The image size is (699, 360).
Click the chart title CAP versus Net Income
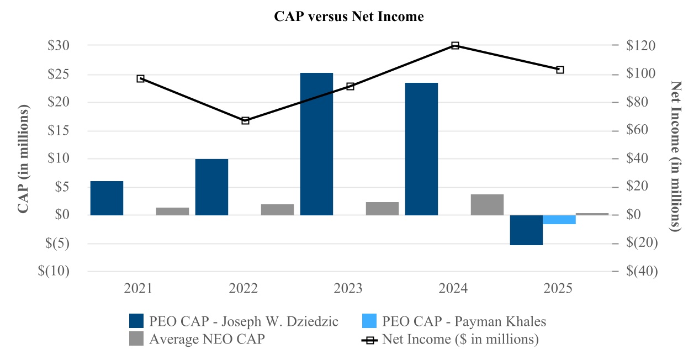click(349, 17)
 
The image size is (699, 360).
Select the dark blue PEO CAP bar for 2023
click(316, 144)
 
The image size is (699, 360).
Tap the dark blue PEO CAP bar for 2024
click(421, 149)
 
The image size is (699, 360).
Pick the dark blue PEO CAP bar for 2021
click(107, 198)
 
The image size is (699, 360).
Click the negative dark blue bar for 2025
click(526, 230)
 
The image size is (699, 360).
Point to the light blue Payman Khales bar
click(559, 220)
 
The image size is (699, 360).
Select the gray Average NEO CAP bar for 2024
click(487, 204)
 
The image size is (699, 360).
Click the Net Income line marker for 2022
click(246, 120)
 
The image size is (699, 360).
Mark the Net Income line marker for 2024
click(455, 45)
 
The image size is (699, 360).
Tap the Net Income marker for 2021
click(141, 78)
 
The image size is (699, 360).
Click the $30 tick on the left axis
click(59, 45)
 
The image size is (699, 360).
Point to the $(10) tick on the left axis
click(55, 271)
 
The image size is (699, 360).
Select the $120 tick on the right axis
click(640, 45)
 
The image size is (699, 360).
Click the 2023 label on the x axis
click(348, 289)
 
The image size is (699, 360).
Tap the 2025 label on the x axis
click(558, 289)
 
